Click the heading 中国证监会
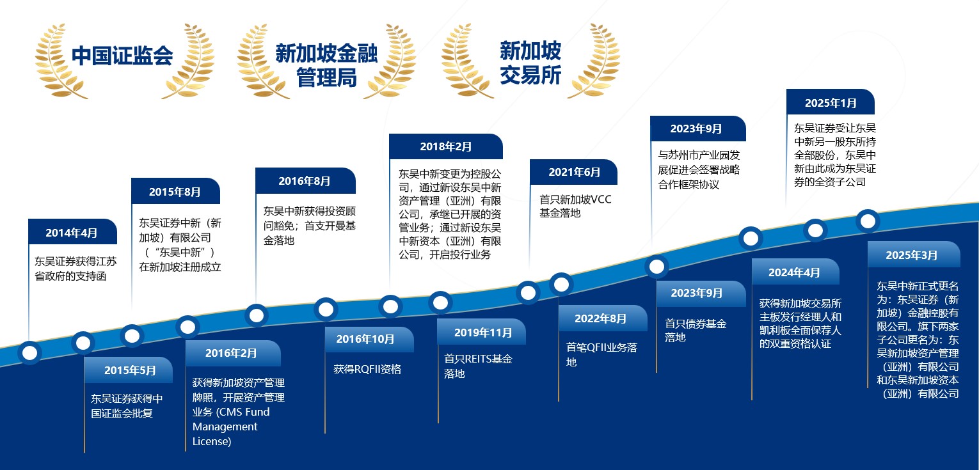point(122,56)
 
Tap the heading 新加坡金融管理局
point(326,65)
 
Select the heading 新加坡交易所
point(530,63)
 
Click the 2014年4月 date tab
point(72,232)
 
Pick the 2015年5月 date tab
point(129,370)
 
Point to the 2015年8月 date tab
point(176,191)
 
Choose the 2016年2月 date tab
point(233,353)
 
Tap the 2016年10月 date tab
point(369,339)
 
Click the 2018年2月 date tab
point(446,146)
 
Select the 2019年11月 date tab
point(482,332)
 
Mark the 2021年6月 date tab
point(573,172)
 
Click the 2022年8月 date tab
point(603,318)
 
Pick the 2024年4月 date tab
point(795,272)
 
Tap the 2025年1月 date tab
point(831,102)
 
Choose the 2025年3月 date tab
point(914,255)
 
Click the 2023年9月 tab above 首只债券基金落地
point(701,294)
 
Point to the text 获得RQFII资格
point(367,370)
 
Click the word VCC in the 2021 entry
point(600,200)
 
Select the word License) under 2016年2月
point(212,442)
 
